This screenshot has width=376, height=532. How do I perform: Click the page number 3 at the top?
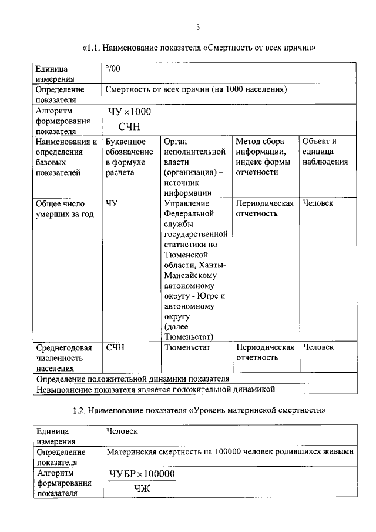click(198, 26)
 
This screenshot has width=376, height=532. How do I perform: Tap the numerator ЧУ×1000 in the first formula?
click(129, 112)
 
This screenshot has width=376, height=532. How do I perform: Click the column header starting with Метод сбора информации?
click(264, 156)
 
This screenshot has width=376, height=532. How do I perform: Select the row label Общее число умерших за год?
click(65, 208)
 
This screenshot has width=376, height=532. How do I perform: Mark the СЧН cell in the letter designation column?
click(115, 347)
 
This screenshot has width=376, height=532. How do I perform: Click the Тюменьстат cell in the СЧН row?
click(187, 347)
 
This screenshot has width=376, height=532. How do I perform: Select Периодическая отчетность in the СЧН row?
click(264, 352)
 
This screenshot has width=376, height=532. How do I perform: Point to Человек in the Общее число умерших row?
click(318, 203)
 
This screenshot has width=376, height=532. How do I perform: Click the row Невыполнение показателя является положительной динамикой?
click(156, 389)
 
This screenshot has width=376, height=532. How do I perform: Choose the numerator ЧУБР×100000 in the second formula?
click(142, 474)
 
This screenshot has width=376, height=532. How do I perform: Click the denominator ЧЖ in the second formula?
click(142, 487)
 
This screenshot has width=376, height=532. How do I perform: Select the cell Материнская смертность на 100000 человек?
click(230, 452)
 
